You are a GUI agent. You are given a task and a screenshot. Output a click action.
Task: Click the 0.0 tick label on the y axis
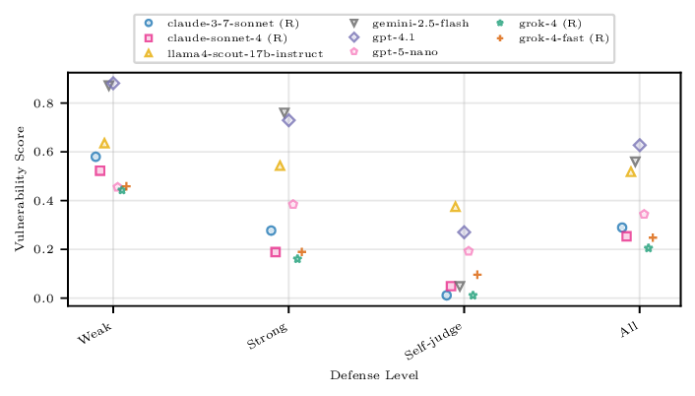click(x=53, y=298)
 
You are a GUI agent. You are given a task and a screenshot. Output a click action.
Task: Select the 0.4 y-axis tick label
click(x=53, y=201)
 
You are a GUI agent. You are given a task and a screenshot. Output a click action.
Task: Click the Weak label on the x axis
click(x=95, y=336)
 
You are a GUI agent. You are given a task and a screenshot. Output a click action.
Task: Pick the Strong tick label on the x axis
click(x=267, y=338)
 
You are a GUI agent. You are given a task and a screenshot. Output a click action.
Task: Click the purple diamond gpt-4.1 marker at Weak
click(x=113, y=84)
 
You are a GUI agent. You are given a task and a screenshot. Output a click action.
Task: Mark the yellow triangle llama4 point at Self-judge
click(x=455, y=207)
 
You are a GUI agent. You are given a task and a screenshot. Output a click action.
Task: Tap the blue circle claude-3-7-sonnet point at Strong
click(x=271, y=231)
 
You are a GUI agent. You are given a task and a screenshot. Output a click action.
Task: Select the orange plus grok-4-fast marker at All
click(x=653, y=237)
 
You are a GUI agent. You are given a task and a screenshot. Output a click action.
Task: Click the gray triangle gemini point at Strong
click(x=284, y=113)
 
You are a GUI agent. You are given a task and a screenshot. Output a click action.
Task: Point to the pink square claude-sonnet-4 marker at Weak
click(x=99, y=170)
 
